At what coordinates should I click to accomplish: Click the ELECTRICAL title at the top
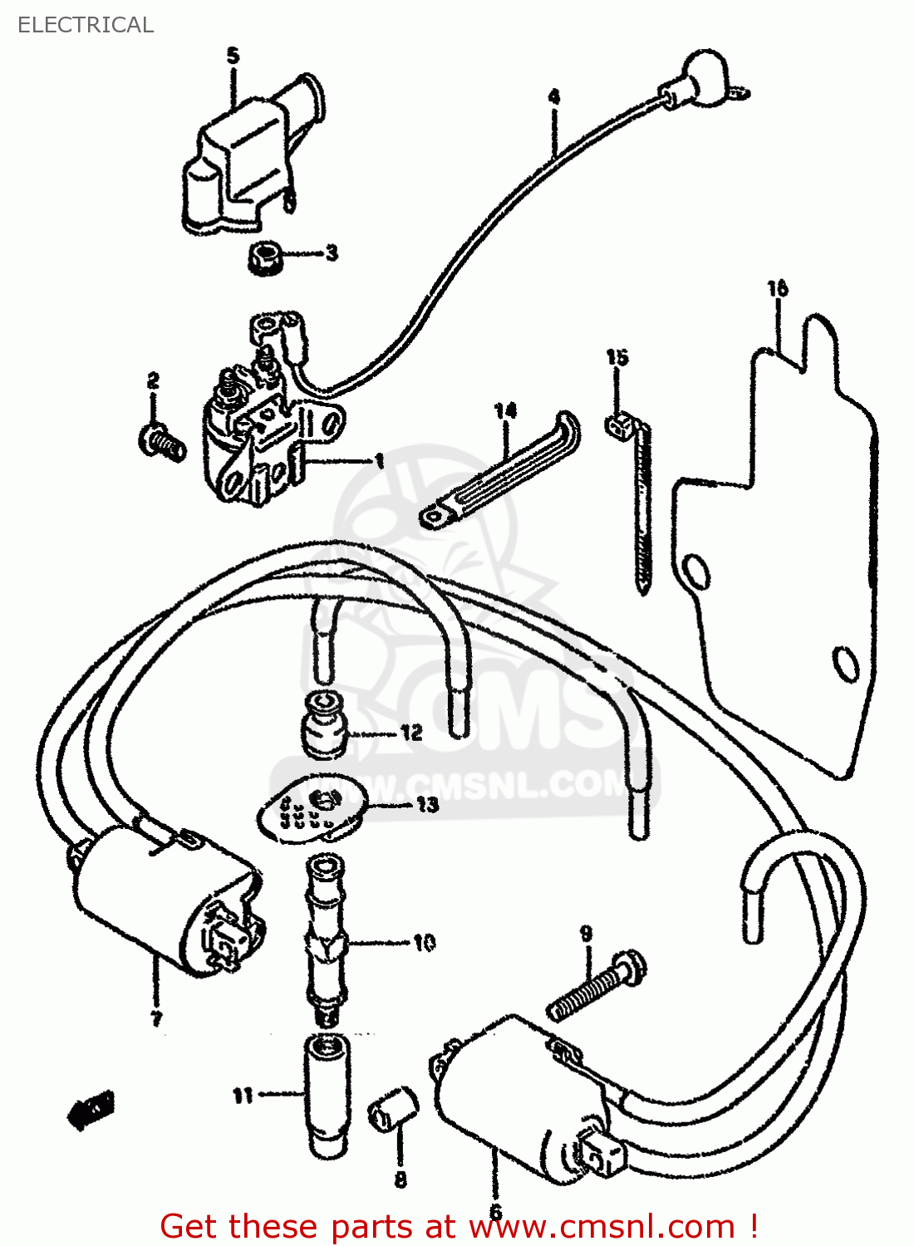coord(86,25)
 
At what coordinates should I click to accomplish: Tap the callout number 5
coord(233,56)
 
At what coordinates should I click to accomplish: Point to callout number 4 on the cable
coord(554,97)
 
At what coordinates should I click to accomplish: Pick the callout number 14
coord(505,410)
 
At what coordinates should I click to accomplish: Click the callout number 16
coord(777,289)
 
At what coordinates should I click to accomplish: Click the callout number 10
coord(424,943)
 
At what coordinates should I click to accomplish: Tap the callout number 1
coord(379,460)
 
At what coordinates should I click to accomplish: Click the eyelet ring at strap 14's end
coord(434,518)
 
